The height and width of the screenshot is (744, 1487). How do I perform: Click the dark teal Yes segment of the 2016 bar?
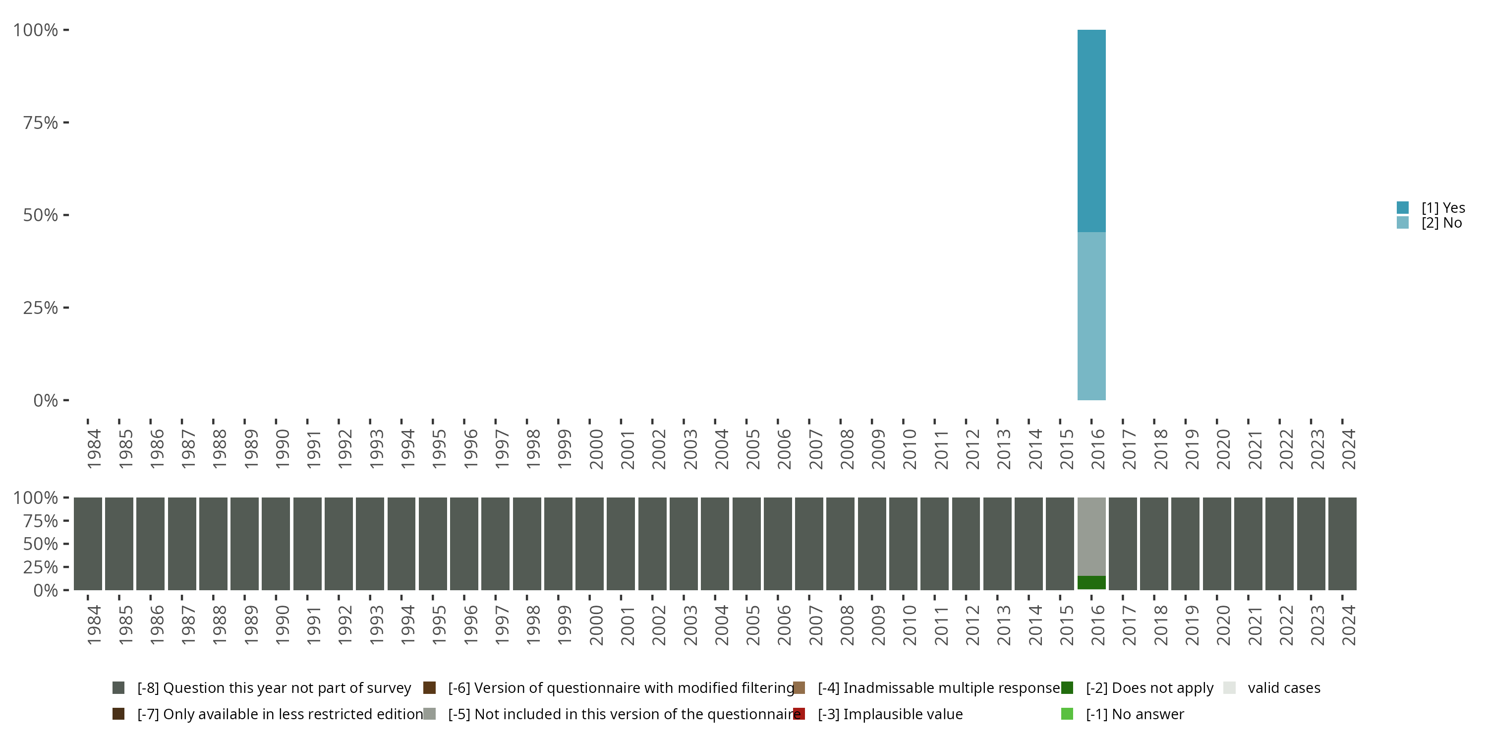tap(1091, 130)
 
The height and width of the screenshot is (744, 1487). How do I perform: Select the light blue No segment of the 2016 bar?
tap(1091, 316)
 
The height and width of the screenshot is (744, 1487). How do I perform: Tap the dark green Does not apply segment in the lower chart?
tap(1091, 582)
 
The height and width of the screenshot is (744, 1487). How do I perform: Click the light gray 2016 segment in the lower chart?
tap(1091, 536)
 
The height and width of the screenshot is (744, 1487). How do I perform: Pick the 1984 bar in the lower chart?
tap(88, 544)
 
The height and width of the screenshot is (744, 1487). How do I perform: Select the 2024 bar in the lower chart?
tap(1342, 544)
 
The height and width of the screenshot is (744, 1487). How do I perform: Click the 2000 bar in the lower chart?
tap(589, 544)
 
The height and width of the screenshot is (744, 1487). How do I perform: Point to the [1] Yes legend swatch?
tap(1403, 207)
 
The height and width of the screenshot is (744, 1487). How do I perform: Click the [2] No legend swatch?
tap(1403, 222)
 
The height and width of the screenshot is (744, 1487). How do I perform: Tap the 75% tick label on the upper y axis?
tap(41, 123)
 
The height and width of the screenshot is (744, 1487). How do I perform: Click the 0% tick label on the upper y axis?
tap(46, 400)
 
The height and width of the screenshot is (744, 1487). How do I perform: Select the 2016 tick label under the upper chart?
tap(1098, 449)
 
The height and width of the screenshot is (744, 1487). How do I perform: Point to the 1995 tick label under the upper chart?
tap(439, 449)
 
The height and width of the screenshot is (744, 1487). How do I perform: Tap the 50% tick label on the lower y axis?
tap(41, 544)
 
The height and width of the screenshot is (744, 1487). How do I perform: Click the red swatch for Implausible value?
tap(799, 714)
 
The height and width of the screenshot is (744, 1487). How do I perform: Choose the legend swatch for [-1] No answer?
tap(1067, 714)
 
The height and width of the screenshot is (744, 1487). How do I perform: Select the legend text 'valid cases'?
tap(1284, 688)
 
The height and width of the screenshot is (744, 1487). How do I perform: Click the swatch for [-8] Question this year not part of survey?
tap(118, 688)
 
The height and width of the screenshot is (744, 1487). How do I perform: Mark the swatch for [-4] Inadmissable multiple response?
tap(799, 688)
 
